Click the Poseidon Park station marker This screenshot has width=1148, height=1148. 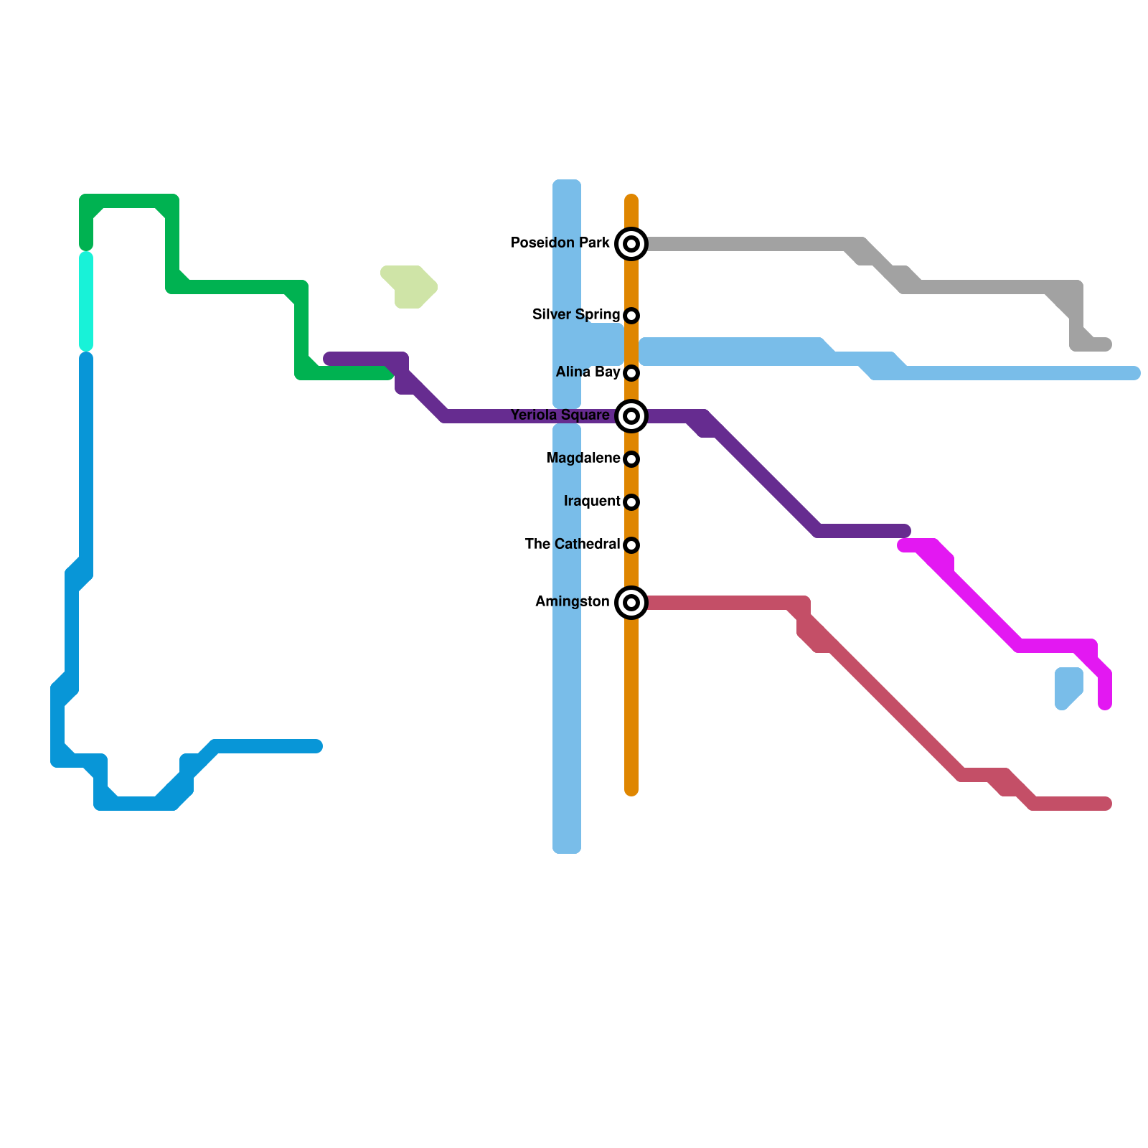click(631, 244)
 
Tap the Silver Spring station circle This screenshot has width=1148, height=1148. click(631, 316)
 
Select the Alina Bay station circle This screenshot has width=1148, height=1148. click(631, 373)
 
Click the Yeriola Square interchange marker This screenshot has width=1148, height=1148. click(631, 416)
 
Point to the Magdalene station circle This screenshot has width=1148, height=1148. click(631, 459)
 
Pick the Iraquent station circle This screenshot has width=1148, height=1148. click(631, 502)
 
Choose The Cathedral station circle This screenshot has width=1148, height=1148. click(631, 545)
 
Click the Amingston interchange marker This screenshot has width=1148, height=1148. click(631, 603)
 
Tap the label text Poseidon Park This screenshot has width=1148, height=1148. click(560, 243)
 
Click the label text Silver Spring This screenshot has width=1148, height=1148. click(575, 315)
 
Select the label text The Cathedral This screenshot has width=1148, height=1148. click(572, 545)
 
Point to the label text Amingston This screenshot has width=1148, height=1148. click(572, 602)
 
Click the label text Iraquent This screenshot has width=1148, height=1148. click(591, 502)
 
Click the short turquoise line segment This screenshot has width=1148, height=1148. click(86, 301)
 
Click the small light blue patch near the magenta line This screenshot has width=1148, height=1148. click(1068, 686)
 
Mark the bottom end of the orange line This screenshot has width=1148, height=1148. click(631, 789)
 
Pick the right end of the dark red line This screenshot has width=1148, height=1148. click(1106, 804)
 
